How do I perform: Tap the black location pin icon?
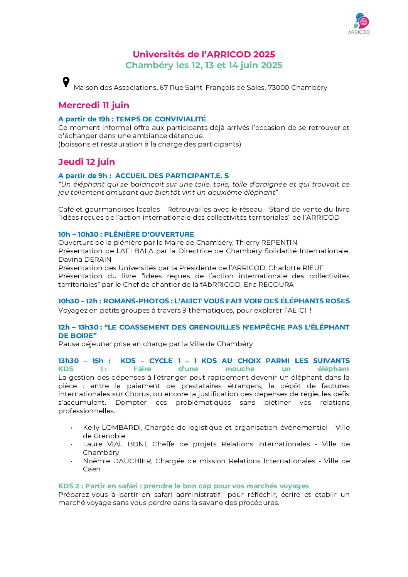66,82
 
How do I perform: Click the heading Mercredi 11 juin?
94,105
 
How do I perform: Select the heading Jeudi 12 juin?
86,162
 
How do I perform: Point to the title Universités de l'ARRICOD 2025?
204,54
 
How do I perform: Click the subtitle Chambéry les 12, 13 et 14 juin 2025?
204,65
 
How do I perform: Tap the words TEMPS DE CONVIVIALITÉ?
161,119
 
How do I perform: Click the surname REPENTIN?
279,243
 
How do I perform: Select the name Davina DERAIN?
85,259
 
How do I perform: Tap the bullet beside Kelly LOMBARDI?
71,428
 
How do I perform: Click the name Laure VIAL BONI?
115,444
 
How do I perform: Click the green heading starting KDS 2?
184,486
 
